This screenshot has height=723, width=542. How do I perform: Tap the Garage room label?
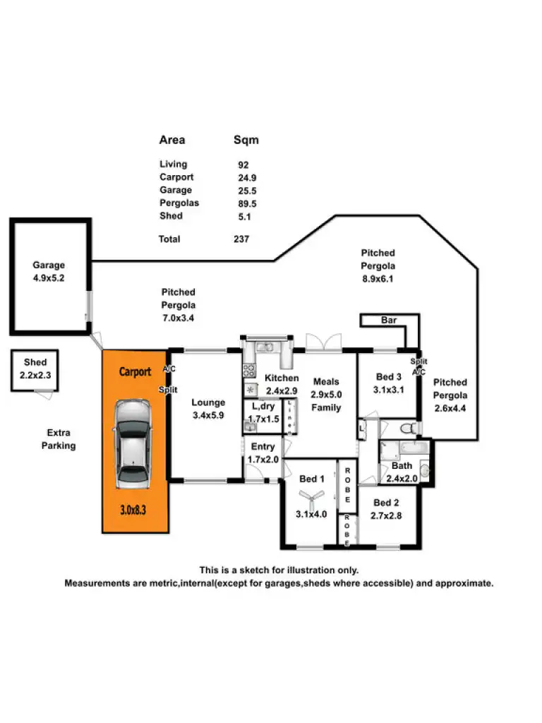(x=49, y=265)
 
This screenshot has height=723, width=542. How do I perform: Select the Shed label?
(x=35, y=362)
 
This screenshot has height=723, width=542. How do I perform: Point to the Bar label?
(x=389, y=321)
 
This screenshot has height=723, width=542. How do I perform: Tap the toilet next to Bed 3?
(x=407, y=428)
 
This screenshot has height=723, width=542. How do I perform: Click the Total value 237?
(x=241, y=239)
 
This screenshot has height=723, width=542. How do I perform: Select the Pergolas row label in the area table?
(x=179, y=203)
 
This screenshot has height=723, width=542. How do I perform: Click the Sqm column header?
(x=246, y=140)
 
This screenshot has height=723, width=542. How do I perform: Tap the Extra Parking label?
(x=59, y=439)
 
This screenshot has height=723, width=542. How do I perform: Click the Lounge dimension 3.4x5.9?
(x=208, y=415)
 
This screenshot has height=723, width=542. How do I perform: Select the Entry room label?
(x=263, y=447)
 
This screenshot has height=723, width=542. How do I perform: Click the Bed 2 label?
(x=387, y=503)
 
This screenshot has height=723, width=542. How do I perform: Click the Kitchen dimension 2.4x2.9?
(x=282, y=390)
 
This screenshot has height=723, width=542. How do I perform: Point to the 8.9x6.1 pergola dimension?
(x=378, y=279)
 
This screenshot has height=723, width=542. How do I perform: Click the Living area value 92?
(x=243, y=165)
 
